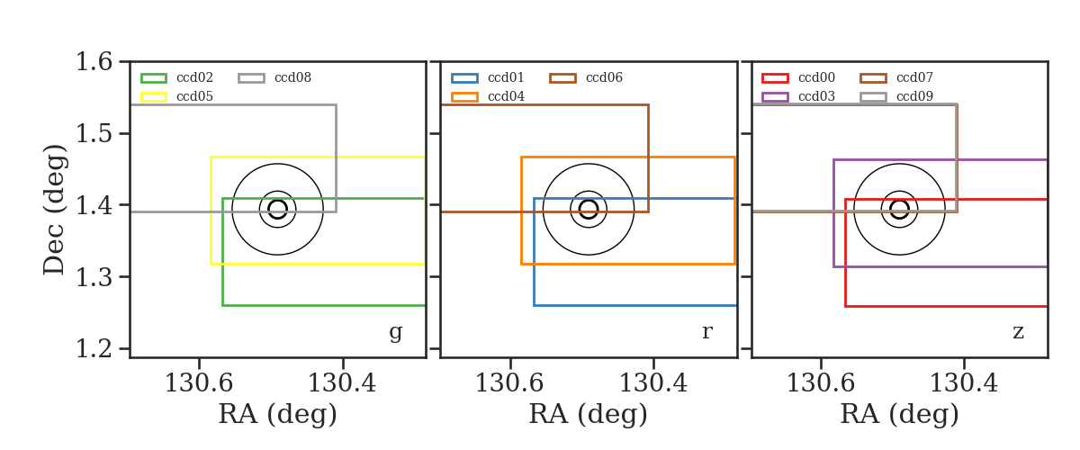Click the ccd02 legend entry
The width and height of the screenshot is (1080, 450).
[x=177, y=77]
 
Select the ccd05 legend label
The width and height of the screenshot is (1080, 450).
[x=194, y=96]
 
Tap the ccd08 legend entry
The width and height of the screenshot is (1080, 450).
[x=274, y=77]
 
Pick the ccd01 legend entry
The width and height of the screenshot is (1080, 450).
[x=488, y=77]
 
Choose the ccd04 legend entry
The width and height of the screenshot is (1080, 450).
[x=488, y=96]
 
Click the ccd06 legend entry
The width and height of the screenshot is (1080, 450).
[x=586, y=77]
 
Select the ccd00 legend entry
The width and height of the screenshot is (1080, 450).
[x=798, y=77]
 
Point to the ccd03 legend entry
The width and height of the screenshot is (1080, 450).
[x=798, y=96]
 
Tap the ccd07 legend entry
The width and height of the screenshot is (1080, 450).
[x=896, y=77]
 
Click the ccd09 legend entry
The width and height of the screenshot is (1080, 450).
[x=896, y=96]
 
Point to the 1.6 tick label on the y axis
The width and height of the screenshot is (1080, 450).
[x=94, y=62]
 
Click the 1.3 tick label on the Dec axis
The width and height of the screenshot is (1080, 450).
[x=94, y=277]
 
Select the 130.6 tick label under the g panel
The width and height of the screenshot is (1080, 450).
[x=199, y=383]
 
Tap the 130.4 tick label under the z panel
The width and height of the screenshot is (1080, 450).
[x=963, y=383]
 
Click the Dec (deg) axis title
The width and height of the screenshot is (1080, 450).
[x=53, y=210]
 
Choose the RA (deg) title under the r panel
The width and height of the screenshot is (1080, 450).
[x=589, y=414]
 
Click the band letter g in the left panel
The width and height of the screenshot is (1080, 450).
[x=395, y=332]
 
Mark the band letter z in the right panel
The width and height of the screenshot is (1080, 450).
[x=1018, y=332]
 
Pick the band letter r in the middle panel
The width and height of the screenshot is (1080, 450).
[x=706, y=332]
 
